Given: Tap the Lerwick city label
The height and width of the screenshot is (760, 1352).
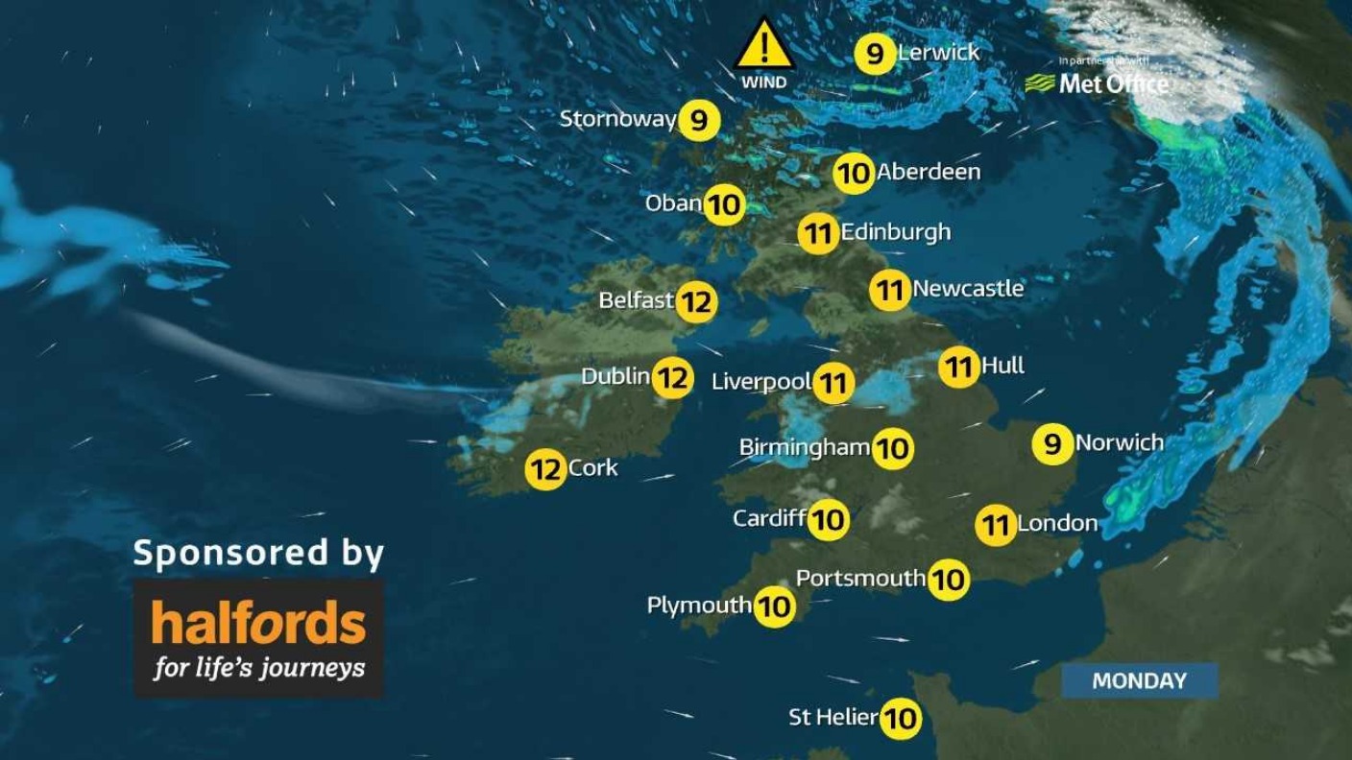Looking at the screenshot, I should pyautogui.click(x=938, y=53).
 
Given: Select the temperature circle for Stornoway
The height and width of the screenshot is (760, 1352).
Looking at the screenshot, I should pyautogui.click(x=698, y=120).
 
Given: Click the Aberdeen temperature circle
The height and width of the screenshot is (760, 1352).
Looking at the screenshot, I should pyautogui.click(x=854, y=174).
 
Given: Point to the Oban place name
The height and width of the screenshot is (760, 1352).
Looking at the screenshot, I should pyautogui.click(x=674, y=203).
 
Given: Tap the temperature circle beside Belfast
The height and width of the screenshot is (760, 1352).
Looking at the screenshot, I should pyautogui.click(x=697, y=302).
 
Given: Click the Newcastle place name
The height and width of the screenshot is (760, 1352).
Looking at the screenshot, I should pyautogui.click(x=968, y=288).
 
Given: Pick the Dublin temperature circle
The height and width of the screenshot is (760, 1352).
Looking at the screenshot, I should pyautogui.click(x=672, y=377).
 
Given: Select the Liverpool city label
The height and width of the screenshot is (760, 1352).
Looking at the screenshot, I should pyautogui.click(x=761, y=382).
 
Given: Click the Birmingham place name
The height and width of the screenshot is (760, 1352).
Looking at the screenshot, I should pyautogui.click(x=805, y=447).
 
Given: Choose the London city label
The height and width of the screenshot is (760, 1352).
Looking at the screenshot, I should pyautogui.click(x=1056, y=523).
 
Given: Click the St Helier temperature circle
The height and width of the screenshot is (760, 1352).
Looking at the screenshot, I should pyautogui.click(x=901, y=718).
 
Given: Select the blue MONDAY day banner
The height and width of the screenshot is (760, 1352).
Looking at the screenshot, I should pyautogui.click(x=1139, y=681).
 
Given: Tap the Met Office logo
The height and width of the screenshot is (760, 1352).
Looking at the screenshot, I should pyautogui.click(x=1099, y=83).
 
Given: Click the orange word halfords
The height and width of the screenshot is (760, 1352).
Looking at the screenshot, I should pyautogui.click(x=259, y=625).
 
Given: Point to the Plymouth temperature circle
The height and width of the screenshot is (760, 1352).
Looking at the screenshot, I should pyautogui.click(x=774, y=606).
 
